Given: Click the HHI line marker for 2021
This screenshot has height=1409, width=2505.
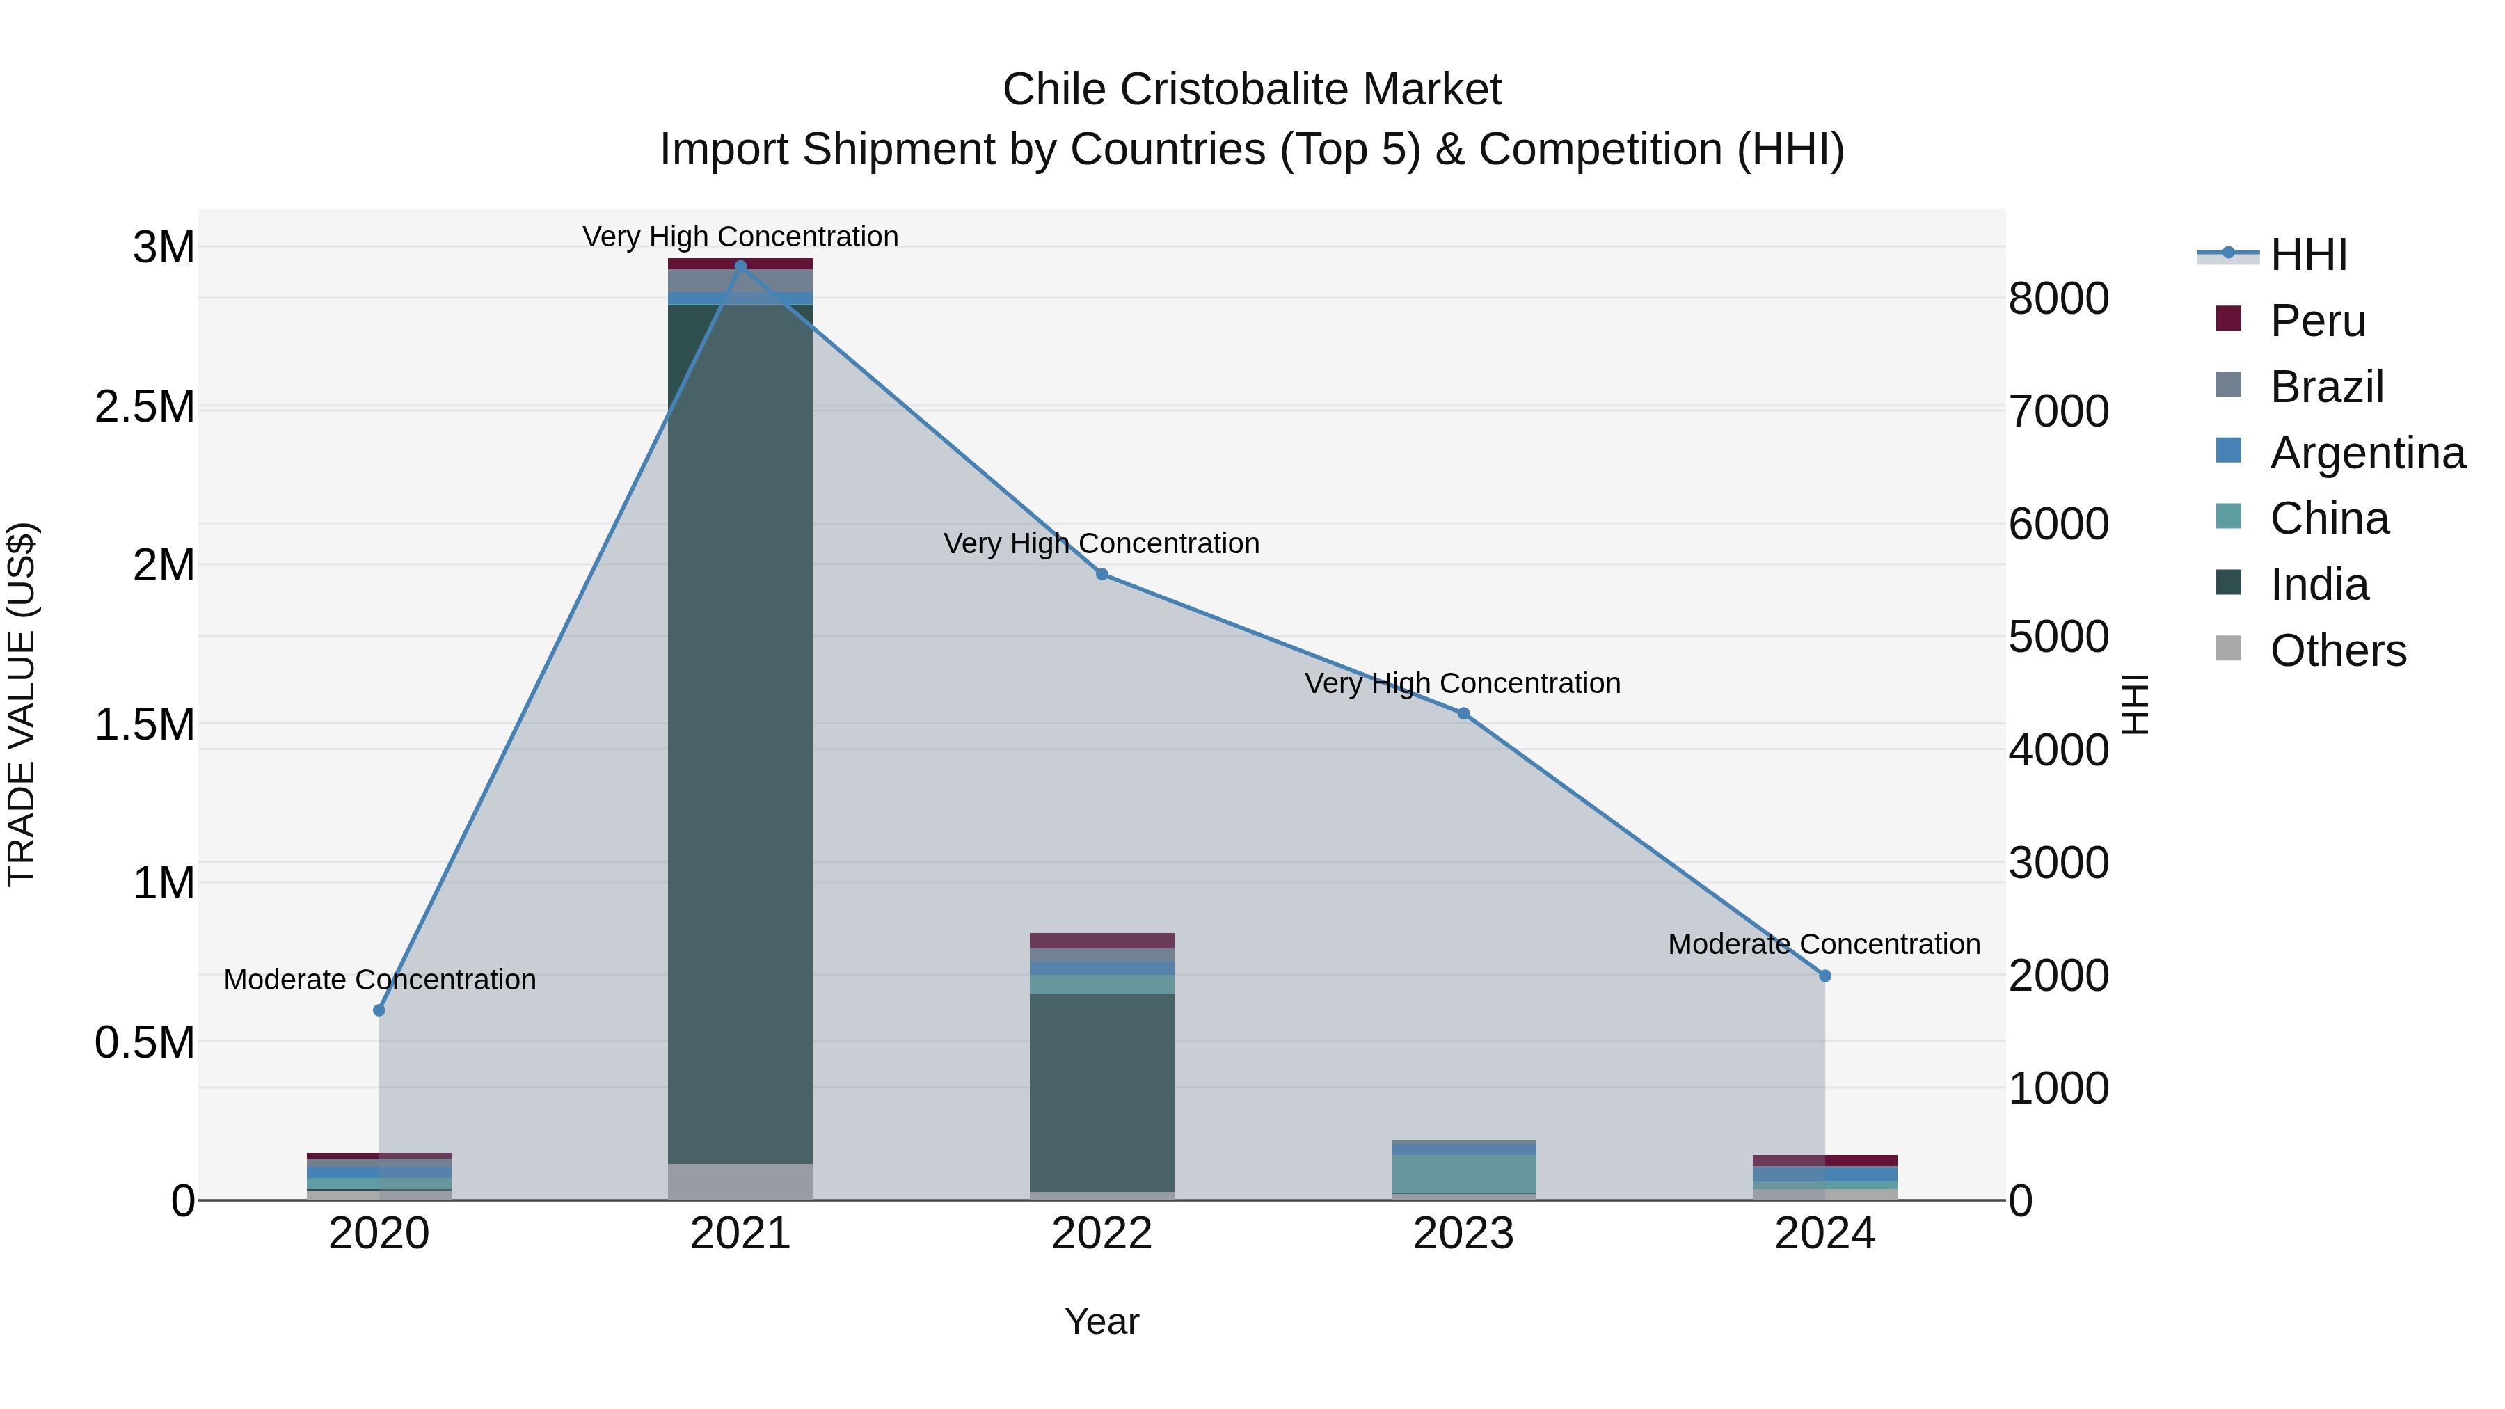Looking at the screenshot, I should [x=740, y=266].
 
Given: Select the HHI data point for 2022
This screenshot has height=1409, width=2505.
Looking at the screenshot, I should [x=1102, y=575].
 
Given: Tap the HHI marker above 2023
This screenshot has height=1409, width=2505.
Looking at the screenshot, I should [x=1463, y=714].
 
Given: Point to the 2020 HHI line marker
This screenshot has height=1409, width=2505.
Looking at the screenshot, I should [x=379, y=1010].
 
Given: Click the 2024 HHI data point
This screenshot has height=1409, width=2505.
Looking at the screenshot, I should [x=1825, y=976].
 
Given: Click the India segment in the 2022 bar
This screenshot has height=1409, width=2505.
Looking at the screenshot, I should [x=1102, y=1089].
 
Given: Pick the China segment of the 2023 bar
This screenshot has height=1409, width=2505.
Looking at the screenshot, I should [x=1463, y=1174].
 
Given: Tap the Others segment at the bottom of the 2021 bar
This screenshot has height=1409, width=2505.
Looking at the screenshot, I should [x=740, y=1181].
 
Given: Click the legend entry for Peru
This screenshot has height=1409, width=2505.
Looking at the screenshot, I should [x=2317, y=321].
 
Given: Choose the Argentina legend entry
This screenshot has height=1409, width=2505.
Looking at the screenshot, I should [x=2367, y=453].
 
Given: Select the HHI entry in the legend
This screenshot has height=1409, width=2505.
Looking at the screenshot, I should [x=2309, y=255].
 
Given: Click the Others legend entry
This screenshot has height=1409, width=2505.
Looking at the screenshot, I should [x=2338, y=651].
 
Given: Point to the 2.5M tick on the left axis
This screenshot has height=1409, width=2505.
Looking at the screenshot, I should [x=145, y=406].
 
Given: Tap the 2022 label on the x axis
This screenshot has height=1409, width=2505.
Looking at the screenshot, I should [x=1102, y=1234].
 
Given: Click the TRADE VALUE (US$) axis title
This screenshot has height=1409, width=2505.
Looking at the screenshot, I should [x=22, y=704].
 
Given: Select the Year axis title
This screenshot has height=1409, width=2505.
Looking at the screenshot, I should [x=1102, y=1321].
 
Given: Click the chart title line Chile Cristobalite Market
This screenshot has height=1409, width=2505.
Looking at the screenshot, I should [x=1252, y=90].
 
